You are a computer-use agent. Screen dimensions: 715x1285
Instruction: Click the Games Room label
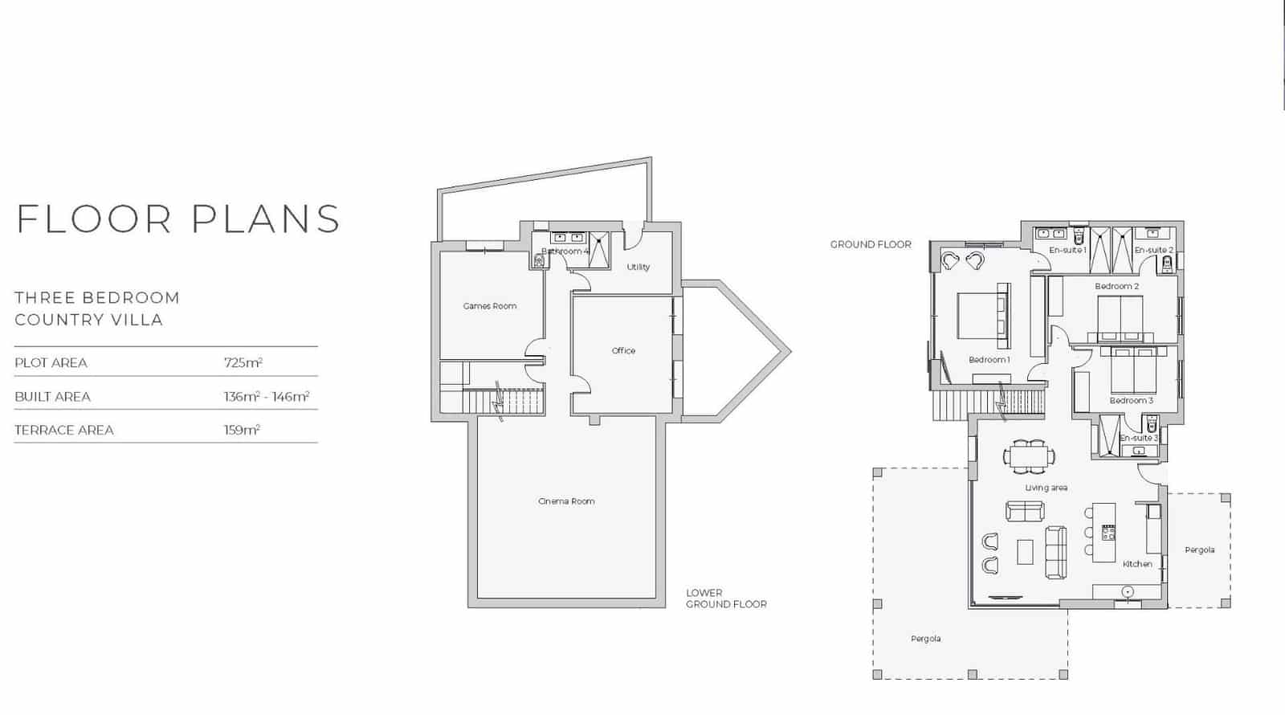click(490, 306)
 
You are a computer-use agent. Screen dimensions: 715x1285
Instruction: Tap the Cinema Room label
click(566, 501)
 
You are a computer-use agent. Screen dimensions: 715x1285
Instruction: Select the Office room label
click(623, 351)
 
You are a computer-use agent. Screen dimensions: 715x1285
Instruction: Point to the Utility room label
click(638, 267)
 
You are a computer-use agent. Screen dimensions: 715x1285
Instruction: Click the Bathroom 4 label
click(565, 251)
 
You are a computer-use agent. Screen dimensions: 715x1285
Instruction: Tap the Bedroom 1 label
click(989, 360)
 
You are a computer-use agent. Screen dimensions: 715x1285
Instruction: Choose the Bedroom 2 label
click(1116, 286)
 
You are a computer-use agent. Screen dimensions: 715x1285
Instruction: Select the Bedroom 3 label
click(1131, 400)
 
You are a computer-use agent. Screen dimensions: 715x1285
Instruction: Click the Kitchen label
click(1137, 564)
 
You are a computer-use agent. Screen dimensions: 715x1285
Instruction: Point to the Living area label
click(1046, 488)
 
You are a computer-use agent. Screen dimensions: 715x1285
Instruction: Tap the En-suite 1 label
click(1067, 251)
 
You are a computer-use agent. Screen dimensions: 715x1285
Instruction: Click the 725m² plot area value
click(243, 362)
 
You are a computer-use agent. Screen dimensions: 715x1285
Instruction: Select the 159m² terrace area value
click(242, 430)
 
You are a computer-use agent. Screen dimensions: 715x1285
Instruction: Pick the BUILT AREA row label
click(53, 397)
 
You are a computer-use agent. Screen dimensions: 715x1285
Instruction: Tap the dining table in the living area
click(1029, 456)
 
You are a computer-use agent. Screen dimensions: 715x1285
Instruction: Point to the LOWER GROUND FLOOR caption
click(726, 599)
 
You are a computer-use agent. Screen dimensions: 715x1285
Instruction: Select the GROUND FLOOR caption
click(871, 244)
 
